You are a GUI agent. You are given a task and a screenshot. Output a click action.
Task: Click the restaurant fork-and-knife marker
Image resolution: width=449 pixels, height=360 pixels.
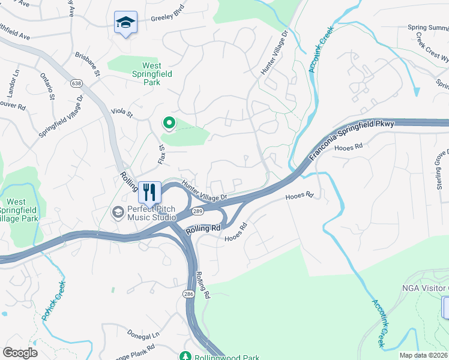[149, 192]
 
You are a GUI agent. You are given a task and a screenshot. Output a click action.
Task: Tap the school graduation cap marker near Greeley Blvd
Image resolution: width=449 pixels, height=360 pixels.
[125, 23]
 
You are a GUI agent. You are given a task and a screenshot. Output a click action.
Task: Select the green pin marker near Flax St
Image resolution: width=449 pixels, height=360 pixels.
[169, 124]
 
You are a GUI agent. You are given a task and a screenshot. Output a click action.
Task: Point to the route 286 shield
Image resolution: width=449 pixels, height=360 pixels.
[187, 294]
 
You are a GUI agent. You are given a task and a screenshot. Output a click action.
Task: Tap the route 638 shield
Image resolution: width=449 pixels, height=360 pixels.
[76, 83]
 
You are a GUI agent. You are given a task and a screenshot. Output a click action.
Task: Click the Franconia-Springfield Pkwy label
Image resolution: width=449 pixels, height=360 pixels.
[352, 140]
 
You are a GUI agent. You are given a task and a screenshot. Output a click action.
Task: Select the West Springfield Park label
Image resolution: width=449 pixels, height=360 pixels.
[142, 74]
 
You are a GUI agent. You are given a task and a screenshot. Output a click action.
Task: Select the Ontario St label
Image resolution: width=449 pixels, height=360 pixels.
[49, 86]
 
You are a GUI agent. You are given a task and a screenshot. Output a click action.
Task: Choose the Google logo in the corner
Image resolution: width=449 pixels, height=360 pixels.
[20, 353]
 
